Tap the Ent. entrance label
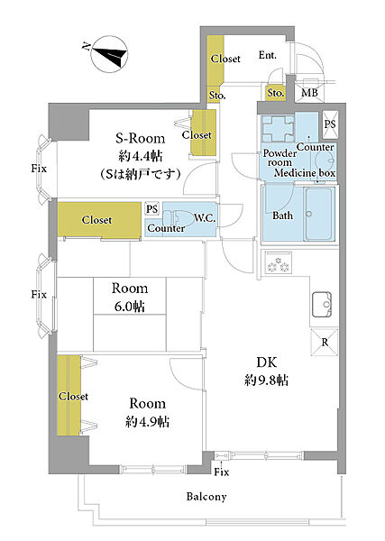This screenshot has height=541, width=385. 268,55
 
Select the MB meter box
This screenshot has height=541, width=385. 309,92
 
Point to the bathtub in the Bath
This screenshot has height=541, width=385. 319,214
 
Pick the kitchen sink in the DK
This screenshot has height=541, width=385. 322,305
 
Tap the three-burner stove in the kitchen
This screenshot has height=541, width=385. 278,262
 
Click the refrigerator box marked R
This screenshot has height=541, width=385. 325,342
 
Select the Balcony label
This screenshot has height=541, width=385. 206,497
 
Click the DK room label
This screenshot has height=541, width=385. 267,362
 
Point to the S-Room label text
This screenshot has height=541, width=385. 140,138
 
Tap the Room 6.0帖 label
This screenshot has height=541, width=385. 129,297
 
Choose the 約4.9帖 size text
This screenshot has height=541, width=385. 147,422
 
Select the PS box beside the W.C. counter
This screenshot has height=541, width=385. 151,209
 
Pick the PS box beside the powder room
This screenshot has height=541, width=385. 330,124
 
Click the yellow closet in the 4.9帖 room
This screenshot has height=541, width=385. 69,396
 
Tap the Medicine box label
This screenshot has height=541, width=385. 305,172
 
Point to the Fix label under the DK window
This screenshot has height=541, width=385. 221,472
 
